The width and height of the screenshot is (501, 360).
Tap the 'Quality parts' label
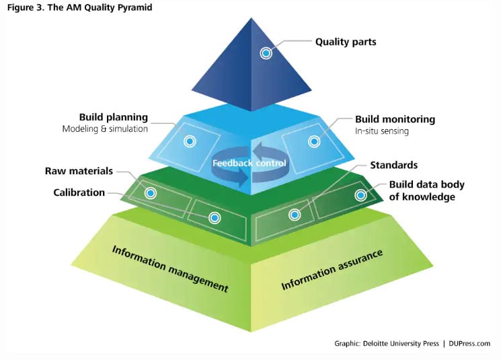coord(346,42)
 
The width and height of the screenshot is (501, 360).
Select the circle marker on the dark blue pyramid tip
coord(266,52)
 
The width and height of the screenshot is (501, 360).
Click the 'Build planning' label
coord(113,117)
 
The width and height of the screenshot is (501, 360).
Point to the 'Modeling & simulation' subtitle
coord(105,129)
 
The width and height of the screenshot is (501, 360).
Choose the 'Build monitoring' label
coord(395,119)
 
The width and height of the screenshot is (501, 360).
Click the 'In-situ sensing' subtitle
coord(382,131)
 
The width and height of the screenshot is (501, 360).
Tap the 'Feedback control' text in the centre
coord(249,164)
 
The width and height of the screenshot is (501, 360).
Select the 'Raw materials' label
coord(79,172)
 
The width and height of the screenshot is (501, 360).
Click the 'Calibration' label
coord(79,192)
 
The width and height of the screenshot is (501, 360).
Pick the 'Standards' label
coord(393,165)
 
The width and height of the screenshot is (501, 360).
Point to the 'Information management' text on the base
coord(170,268)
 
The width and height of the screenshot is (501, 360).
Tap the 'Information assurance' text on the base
coord(332,270)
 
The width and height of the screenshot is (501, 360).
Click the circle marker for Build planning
coord(190,141)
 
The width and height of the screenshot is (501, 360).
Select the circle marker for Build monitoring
coord(313,141)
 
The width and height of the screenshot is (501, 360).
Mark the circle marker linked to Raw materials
coord(151,193)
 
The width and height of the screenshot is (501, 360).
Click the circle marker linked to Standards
coord(294,215)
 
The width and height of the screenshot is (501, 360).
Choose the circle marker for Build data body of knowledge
coord(360,195)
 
